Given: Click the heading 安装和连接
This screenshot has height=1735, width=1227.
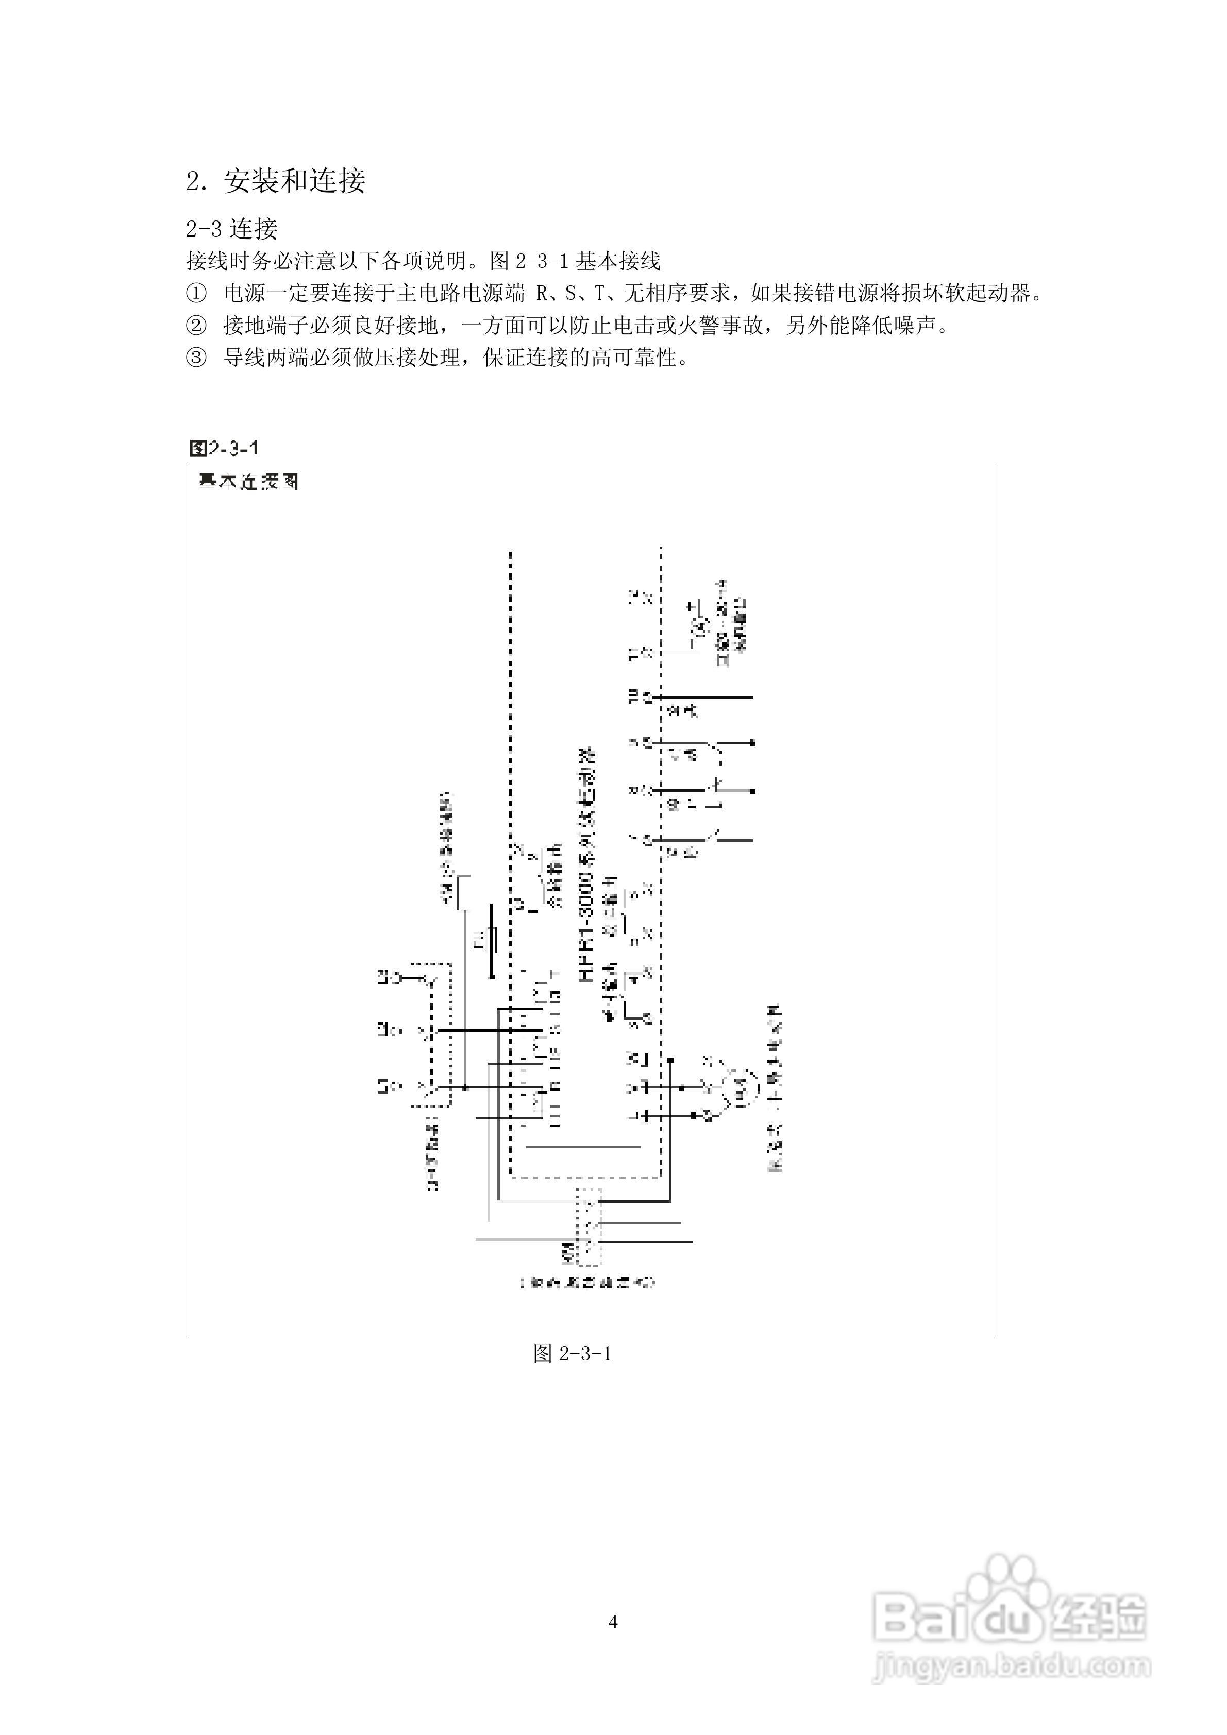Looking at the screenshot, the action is click(x=295, y=181).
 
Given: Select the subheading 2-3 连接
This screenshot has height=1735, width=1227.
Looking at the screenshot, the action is click(x=232, y=228).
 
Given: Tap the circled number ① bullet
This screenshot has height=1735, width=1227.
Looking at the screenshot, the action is click(x=196, y=293).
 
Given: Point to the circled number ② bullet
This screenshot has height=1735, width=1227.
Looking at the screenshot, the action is click(x=196, y=326).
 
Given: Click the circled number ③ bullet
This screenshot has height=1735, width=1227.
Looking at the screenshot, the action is click(x=196, y=358).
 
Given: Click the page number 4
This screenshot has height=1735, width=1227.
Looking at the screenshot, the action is click(x=613, y=1622).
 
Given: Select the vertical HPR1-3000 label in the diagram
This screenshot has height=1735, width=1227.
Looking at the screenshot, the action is click(x=586, y=865).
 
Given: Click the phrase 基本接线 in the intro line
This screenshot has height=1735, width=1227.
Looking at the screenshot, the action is click(x=618, y=262).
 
